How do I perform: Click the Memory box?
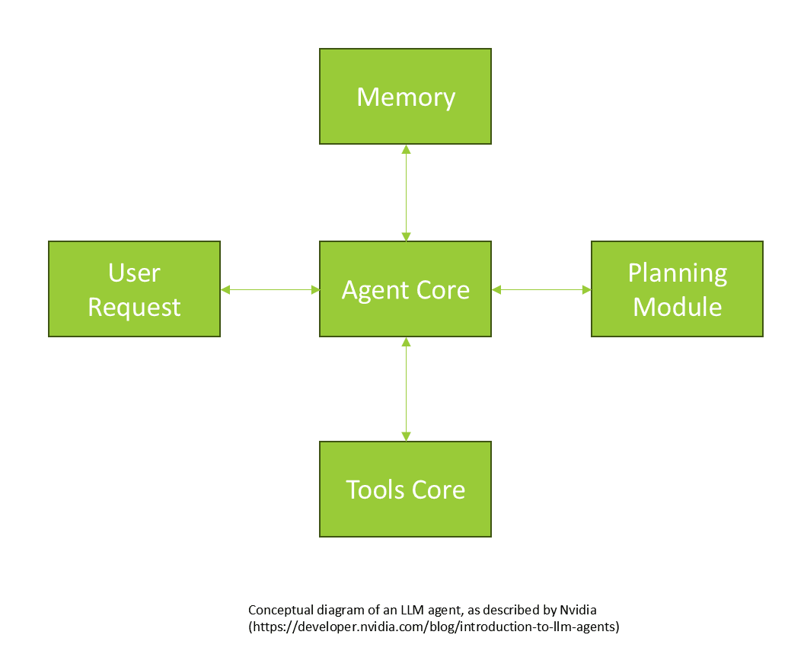[405, 97]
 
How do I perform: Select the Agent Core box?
[405, 289]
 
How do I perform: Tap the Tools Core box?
[405, 489]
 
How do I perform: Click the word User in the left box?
[134, 273]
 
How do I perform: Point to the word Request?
[134, 307]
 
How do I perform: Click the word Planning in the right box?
[677, 273]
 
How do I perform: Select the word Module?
[677, 307]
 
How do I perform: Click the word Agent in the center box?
[370, 290]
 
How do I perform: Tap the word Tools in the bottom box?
[372, 490]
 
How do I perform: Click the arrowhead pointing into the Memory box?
[406, 150]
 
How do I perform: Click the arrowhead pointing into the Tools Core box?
[406, 436]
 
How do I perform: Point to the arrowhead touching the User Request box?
[225, 289]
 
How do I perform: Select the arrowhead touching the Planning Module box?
[586, 289]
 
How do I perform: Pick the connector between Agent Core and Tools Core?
[406, 388]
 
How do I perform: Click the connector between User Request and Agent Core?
[270, 289]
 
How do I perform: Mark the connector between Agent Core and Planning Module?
[541, 289]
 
